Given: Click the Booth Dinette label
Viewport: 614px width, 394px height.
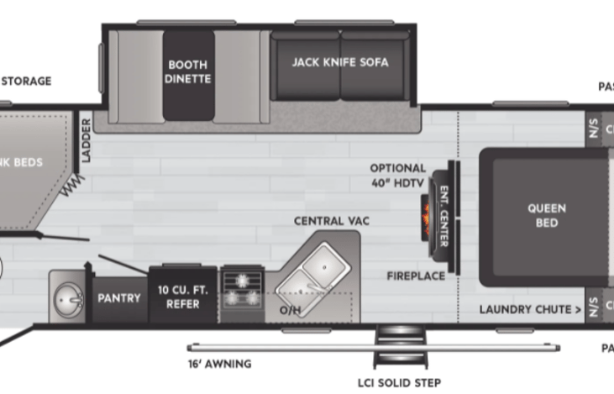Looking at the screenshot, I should point(188,71).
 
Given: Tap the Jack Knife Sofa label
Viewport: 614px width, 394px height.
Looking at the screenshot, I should point(340,62).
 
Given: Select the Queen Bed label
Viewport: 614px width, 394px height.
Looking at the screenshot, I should point(546,215).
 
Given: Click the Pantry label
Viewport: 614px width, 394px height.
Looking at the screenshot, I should point(119,297).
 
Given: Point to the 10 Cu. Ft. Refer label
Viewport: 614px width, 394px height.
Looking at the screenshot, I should point(178,297).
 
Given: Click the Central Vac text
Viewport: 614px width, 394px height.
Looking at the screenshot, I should point(332,221).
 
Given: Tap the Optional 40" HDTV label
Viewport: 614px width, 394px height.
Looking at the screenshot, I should point(397,175).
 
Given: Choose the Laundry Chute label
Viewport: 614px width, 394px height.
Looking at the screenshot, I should point(530,309).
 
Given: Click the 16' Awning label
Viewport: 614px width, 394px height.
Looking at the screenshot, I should point(219,365).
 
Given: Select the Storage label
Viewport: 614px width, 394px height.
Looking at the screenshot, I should point(25,81).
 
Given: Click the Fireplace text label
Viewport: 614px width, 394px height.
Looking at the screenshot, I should point(416,276).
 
